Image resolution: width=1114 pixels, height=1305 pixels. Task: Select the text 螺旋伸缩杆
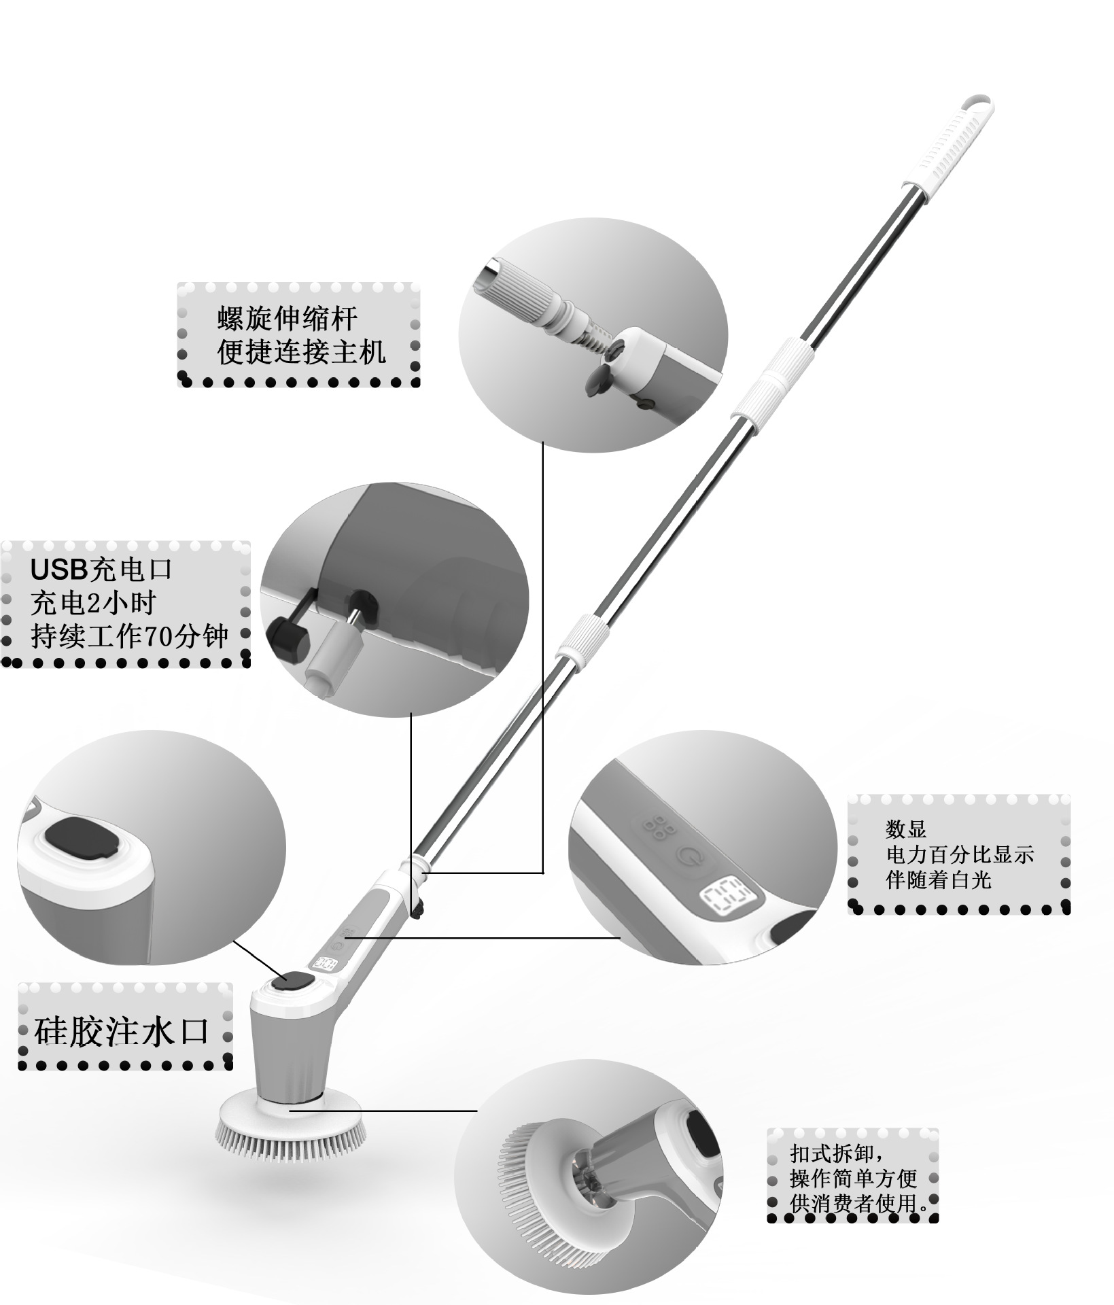click(x=288, y=318)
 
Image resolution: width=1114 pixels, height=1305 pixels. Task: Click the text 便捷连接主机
click(x=302, y=352)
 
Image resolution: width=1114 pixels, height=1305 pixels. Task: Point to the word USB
click(x=59, y=570)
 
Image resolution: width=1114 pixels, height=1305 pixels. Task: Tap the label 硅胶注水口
click(x=121, y=1032)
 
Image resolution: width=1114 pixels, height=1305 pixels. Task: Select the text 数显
click(x=906, y=829)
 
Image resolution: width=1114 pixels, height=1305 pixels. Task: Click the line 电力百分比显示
click(x=959, y=854)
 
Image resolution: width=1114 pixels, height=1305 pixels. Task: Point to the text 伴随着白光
click(x=939, y=880)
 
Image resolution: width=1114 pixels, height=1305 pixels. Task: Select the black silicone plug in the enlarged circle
click(x=83, y=837)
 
